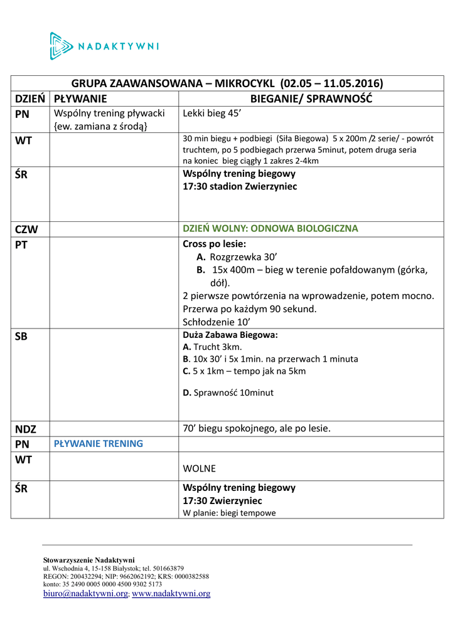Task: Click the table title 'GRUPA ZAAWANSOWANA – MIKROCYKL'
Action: click(227, 83)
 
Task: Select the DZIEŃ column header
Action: click(30, 98)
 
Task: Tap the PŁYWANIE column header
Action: click(80, 98)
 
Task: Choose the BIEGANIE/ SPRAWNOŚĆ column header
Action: click(311, 98)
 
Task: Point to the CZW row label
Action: click(26, 229)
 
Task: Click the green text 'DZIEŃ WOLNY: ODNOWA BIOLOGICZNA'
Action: click(270, 229)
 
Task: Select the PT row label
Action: click(21, 245)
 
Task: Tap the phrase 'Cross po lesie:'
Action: click(214, 244)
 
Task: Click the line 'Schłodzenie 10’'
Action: click(217, 322)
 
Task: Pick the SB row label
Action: click(21, 337)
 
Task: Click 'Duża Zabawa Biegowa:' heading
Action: click(230, 335)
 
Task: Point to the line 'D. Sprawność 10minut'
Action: click(228, 393)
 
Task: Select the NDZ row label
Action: click(26, 429)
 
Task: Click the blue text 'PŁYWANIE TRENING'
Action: click(99, 444)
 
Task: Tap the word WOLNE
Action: click(199, 469)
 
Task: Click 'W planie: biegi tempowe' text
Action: click(229, 513)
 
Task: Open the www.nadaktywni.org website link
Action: click(171, 593)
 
